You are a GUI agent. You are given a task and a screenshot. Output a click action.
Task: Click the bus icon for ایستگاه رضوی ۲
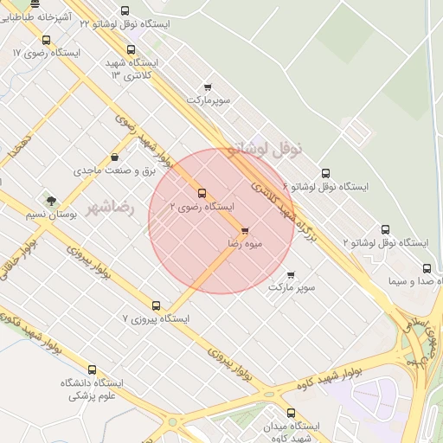(x=202, y=192)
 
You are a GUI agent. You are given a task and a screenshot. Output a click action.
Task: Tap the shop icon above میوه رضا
(x=245, y=231)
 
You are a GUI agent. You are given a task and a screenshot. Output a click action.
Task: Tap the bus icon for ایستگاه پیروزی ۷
(x=156, y=305)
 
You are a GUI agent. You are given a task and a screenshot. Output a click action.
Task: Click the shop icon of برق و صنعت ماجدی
(x=115, y=157)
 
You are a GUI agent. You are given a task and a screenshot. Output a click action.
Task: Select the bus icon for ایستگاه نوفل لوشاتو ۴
(x=325, y=173)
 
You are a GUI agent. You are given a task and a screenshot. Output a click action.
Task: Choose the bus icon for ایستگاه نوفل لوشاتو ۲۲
(x=125, y=11)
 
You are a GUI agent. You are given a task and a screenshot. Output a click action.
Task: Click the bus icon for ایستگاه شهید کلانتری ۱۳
(x=132, y=50)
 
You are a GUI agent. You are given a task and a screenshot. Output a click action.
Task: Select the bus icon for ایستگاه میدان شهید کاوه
(x=290, y=413)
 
